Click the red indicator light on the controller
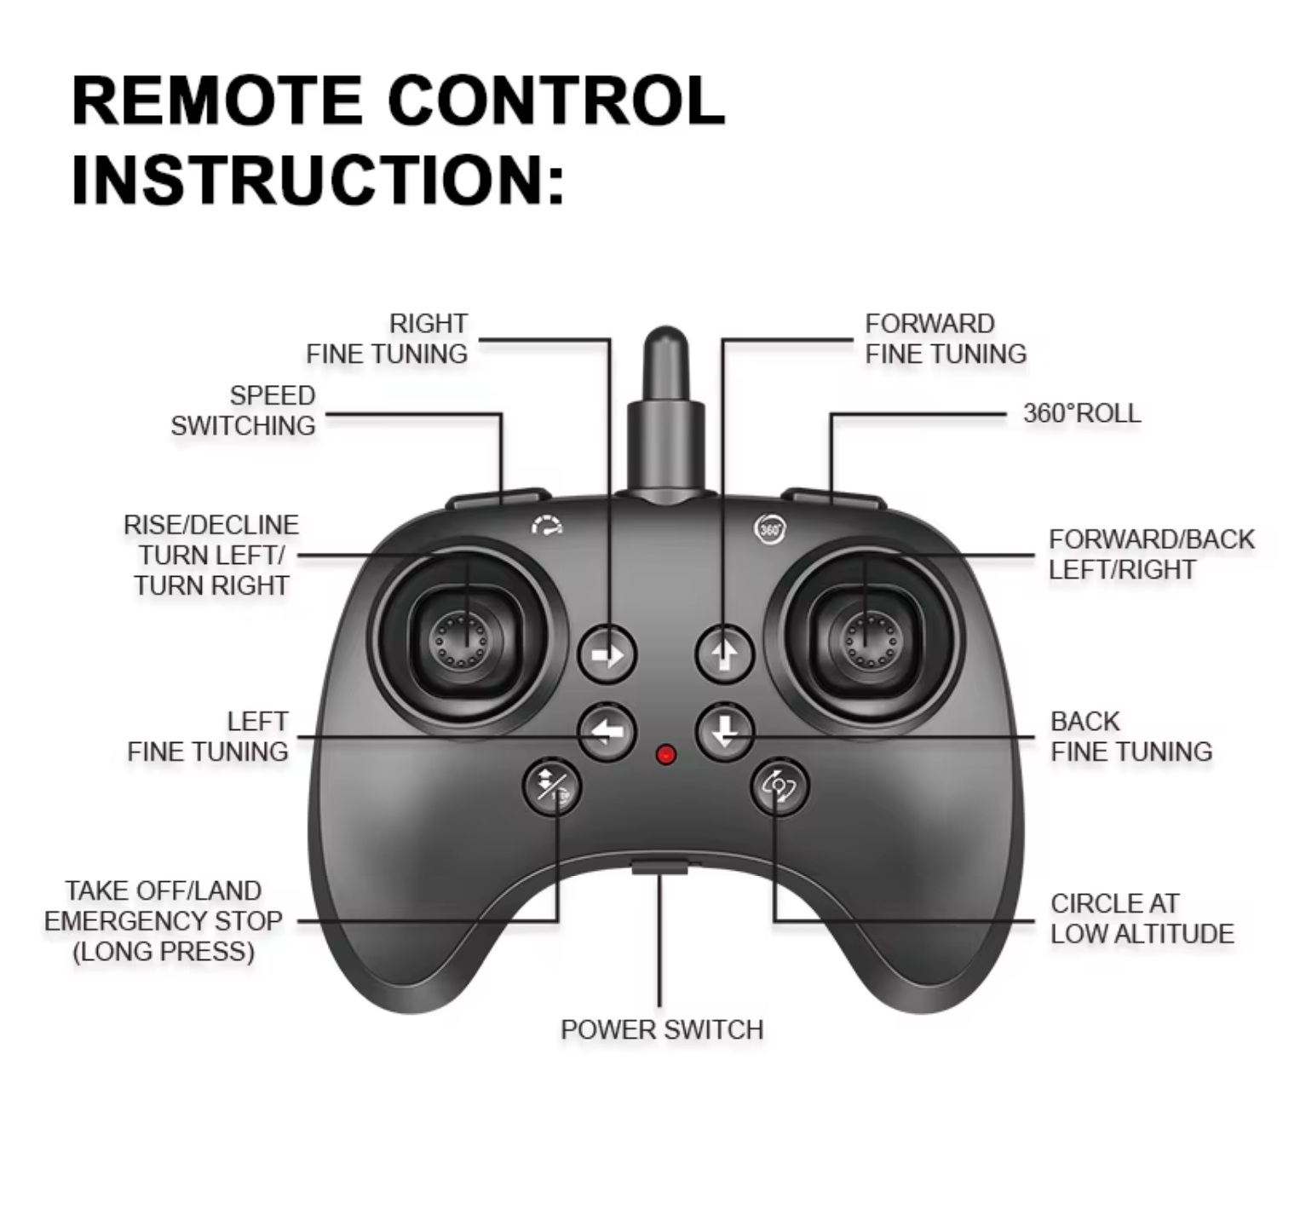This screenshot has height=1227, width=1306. click(x=666, y=755)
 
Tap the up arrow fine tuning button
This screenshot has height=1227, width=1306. click(x=725, y=654)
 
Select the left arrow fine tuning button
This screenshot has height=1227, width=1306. click(x=607, y=732)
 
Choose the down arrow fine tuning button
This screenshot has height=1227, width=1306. click(x=725, y=732)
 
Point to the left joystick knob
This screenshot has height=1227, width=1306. click(x=460, y=640)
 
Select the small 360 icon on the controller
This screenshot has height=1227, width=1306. click(x=769, y=529)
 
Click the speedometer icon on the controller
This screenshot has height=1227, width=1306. click(x=548, y=526)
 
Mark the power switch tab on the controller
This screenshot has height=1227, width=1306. click(x=660, y=868)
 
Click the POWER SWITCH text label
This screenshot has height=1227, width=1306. click(x=662, y=1029)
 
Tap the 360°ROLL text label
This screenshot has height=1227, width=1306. click(x=1081, y=413)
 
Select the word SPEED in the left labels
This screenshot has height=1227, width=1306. click(x=273, y=395)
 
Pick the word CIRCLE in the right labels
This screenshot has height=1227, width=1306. click(x=1092, y=903)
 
